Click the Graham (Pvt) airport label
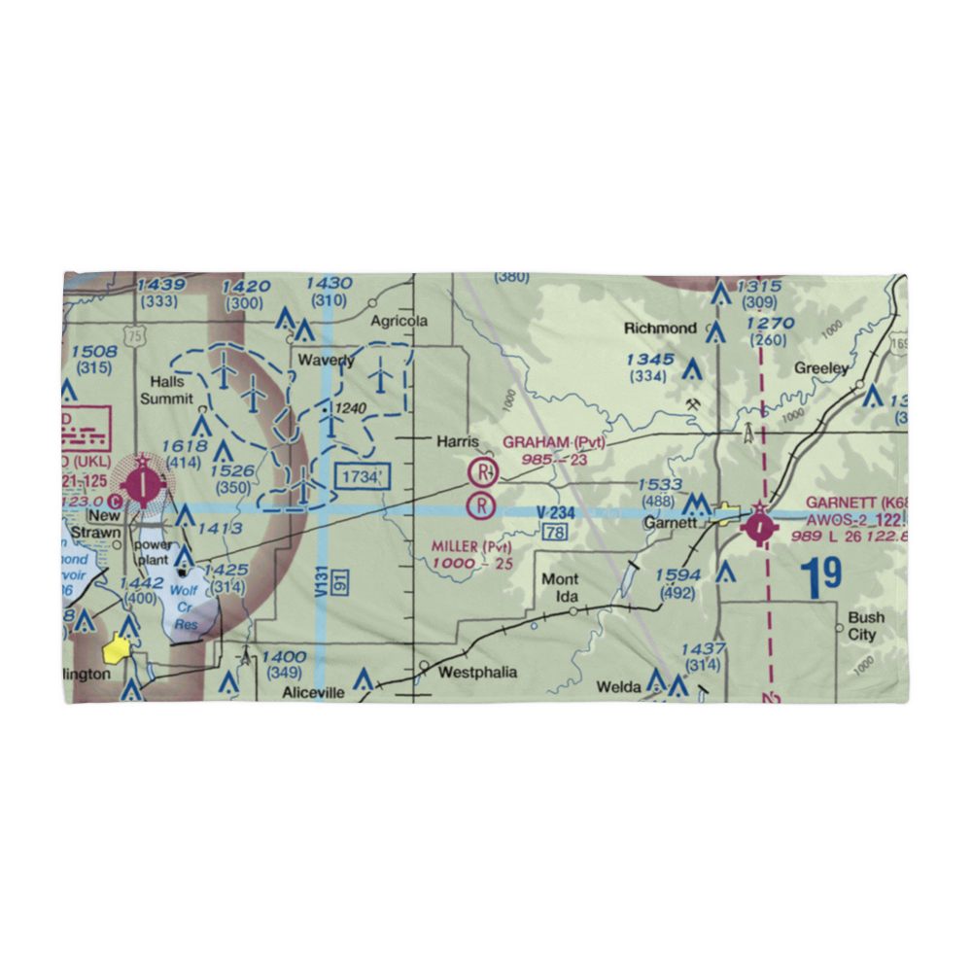(553, 443)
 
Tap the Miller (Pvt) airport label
(471, 547)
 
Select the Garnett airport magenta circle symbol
(759, 525)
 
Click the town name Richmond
(660, 329)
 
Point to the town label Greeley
(821, 368)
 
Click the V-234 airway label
(556, 512)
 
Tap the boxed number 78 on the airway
(555, 532)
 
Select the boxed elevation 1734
(362, 476)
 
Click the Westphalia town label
(477, 673)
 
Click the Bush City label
(865, 626)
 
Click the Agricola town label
(399, 322)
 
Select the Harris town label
(457, 441)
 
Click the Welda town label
(619, 687)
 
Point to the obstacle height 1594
(677, 575)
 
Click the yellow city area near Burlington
(120, 647)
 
